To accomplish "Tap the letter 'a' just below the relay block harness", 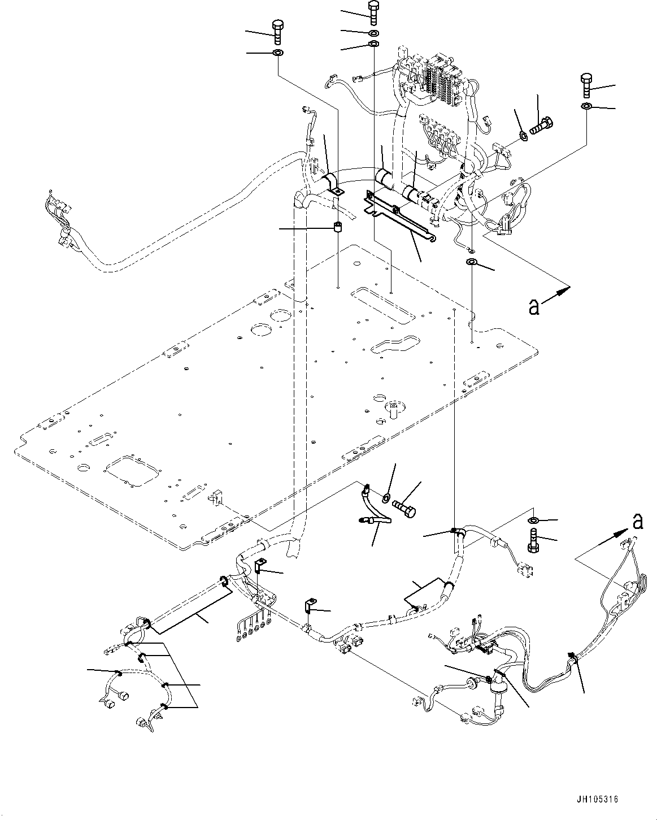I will (533, 306).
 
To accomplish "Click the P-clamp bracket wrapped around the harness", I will (332, 184).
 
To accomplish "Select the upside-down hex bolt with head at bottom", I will (533, 540).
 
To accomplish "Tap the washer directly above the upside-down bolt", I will (533, 520).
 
